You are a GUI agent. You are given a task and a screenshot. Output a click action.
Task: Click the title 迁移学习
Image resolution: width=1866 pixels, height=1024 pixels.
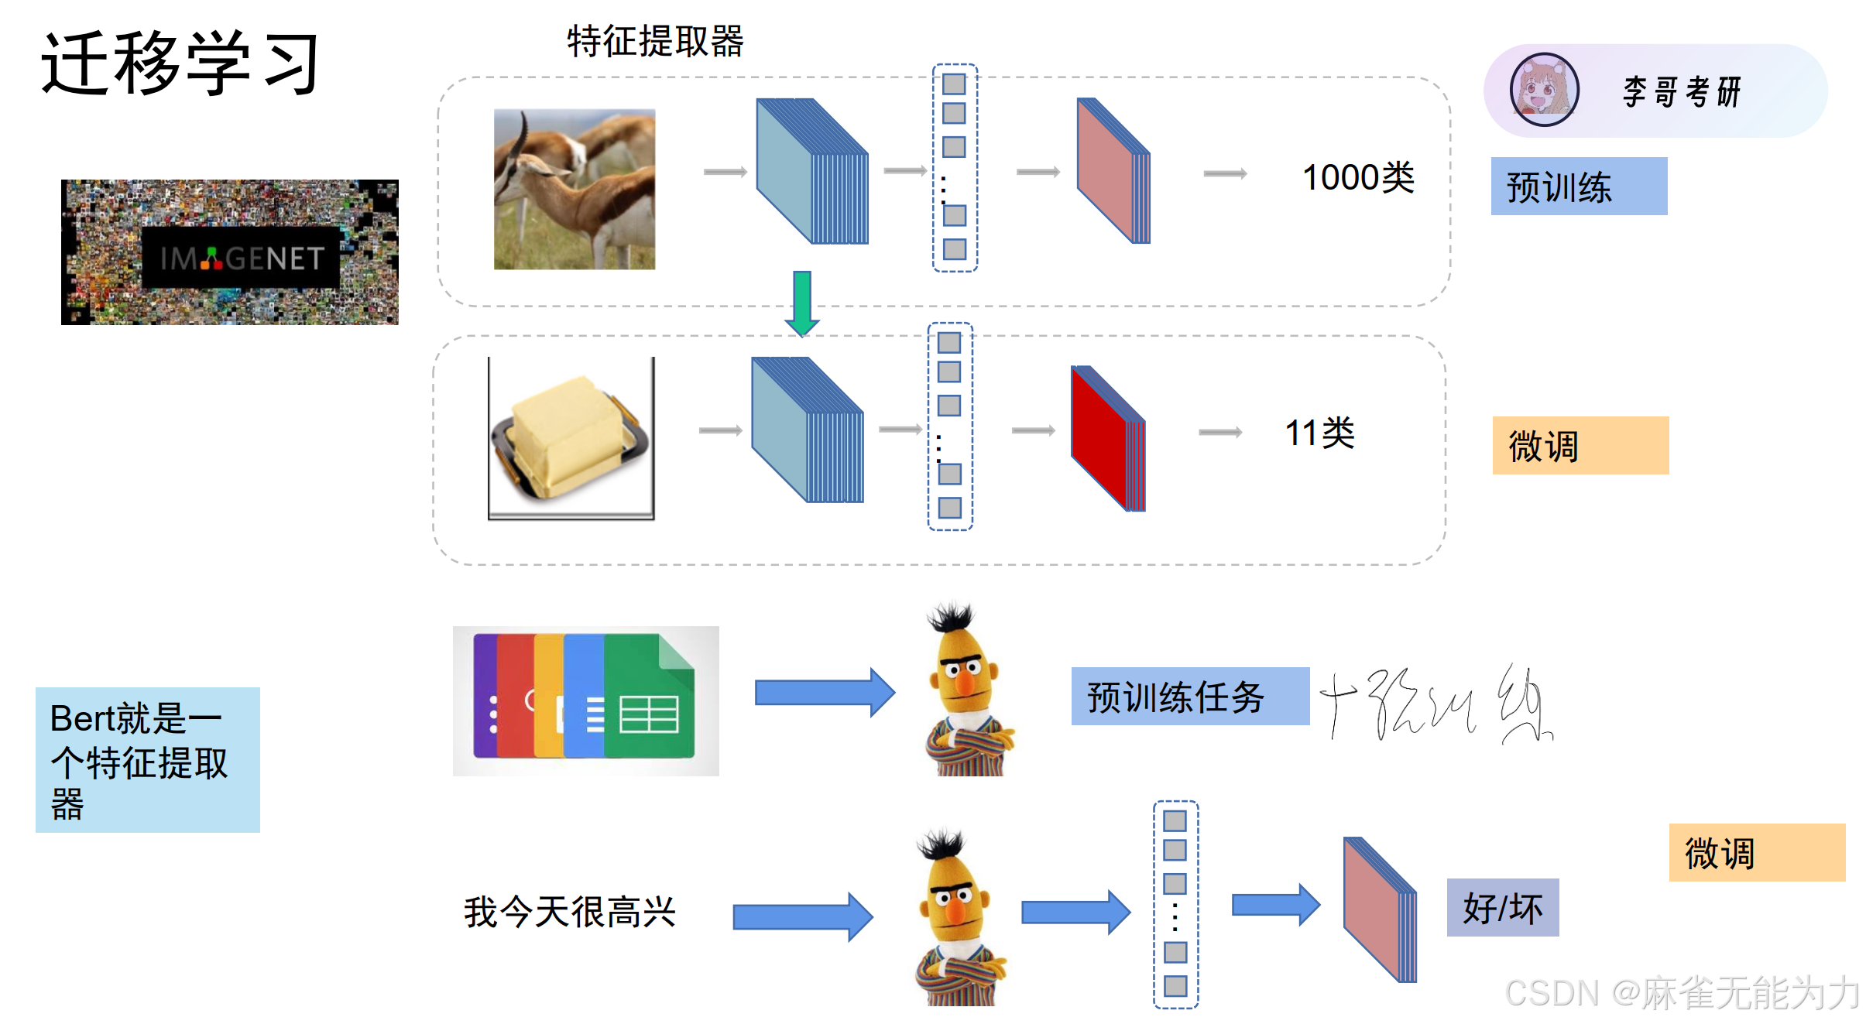(x=180, y=63)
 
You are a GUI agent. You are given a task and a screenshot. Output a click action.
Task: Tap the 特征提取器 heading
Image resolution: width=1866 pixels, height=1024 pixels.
(x=655, y=41)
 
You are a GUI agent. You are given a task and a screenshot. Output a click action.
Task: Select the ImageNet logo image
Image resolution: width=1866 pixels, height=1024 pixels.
(x=230, y=252)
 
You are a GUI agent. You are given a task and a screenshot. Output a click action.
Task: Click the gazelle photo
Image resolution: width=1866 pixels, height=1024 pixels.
(x=575, y=189)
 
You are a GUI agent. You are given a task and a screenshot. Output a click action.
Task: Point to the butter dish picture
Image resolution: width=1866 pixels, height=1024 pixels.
(x=571, y=438)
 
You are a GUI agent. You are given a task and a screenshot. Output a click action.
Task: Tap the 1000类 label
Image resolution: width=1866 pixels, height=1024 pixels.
(x=1358, y=177)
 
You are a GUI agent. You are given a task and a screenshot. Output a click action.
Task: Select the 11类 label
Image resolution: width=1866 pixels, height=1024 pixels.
(x=1319, y=433)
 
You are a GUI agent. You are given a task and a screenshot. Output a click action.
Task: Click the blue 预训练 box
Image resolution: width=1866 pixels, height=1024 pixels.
(x=1579, y=187)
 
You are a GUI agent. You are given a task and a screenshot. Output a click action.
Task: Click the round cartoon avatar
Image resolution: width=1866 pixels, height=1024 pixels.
(x=1544, y=90)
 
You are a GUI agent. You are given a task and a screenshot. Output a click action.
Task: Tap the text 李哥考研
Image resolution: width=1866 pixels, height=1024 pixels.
(x=1682, y=92)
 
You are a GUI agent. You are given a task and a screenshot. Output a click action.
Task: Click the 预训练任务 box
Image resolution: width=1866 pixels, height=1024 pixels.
(x=1190, y=697)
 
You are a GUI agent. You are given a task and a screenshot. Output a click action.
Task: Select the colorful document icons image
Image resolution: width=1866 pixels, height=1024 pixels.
(x=585, y=700)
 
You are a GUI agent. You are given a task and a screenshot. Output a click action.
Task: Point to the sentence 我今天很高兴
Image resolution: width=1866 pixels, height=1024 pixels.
(x=570, y=912)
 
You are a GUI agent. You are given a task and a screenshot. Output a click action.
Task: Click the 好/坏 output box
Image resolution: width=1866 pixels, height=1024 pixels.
(x=1502, y=908)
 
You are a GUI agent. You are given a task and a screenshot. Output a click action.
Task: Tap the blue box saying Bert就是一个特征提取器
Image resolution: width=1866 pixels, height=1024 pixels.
(x=148, y=759)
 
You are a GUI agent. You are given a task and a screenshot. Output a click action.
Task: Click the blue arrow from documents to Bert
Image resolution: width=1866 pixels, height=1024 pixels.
(x=824, y=692)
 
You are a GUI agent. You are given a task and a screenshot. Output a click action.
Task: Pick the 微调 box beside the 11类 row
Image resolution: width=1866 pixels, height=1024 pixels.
(x=1580, y=446)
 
